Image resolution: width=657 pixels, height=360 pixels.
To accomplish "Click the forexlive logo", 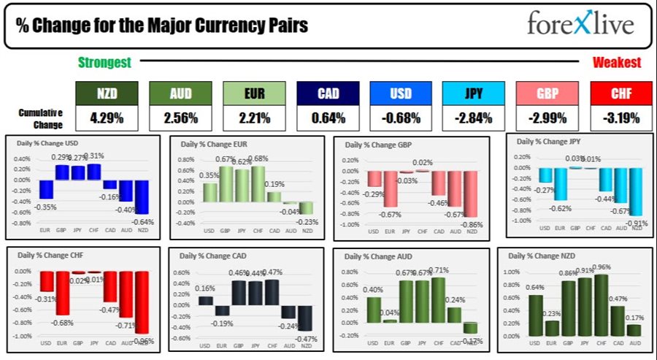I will point(581,25).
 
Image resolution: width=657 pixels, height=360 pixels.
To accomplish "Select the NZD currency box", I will point(107,93).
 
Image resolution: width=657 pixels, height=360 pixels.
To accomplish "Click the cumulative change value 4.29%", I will point(107,117).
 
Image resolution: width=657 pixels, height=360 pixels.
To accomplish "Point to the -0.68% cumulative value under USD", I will point(400,117).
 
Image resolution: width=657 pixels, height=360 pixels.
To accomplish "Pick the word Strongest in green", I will point(105,63).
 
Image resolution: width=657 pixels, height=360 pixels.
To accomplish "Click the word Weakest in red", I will point(617,63).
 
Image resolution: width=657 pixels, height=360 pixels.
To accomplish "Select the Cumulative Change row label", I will point(41,117).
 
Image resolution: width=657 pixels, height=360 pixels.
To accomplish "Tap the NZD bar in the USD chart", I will point(142,197).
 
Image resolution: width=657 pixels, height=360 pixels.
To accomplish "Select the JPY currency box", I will point(473,93).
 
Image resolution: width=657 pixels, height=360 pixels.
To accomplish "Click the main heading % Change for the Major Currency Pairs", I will point(162,26).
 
